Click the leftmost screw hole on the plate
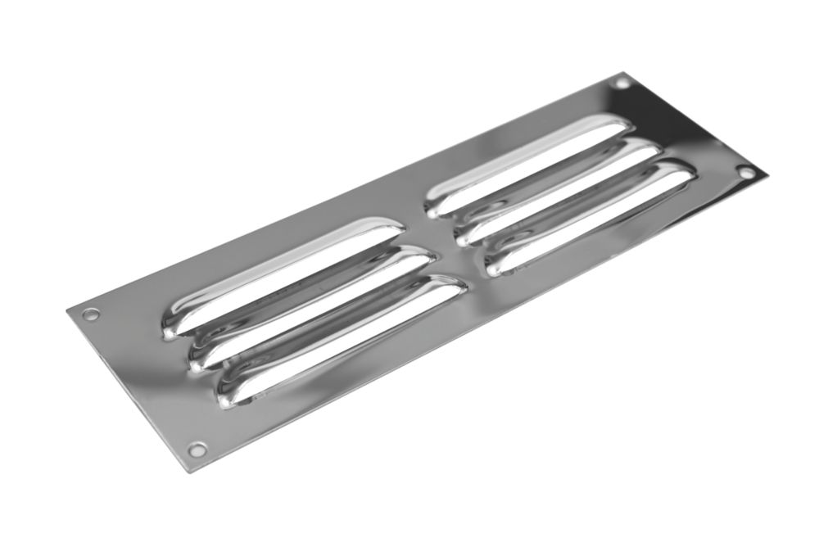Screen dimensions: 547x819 tap(91, 313)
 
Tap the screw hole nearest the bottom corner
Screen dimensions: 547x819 tap(196, 448)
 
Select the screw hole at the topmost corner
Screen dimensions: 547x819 tap(622, 83)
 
